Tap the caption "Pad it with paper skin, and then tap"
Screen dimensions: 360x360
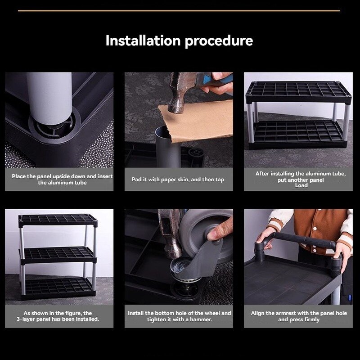tap(178, 180)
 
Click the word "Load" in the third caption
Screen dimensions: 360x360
tap(301, 185)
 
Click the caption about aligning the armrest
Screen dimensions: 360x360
tap(299, 316)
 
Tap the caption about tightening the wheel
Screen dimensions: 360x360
tap(179, 316)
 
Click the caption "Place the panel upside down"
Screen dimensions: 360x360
tap(62, 179)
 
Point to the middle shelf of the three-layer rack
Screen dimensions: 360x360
tap(58, 253)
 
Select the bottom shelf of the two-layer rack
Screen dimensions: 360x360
tap(298, 133)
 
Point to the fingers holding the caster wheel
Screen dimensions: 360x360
tap(220, 232)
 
